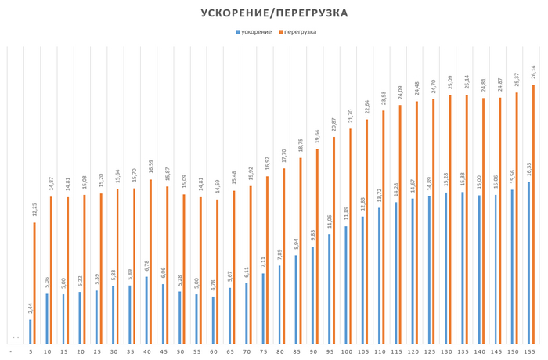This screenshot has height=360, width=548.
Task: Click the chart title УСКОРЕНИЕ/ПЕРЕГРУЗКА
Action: click(x=274, y=13)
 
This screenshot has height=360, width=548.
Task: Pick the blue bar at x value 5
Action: click(x=31, y=331)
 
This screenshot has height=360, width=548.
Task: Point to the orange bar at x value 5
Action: click(x=34, y=283)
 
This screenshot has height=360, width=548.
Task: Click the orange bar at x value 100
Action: click(x=351, y=236)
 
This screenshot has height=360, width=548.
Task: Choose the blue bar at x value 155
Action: click(x=529, y=262)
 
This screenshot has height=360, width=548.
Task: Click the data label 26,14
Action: click(x=534, y=73)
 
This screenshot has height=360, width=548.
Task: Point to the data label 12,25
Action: click(x=34, y=211)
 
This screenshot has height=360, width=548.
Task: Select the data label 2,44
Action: click(x=30, y=309)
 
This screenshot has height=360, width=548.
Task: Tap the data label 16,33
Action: click(x=529, y=171)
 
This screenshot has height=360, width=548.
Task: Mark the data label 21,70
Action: click(x=351, y=117)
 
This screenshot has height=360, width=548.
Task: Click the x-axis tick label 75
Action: click(x=264, y=352)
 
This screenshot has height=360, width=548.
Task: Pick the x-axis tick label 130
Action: click(x=447, y=352)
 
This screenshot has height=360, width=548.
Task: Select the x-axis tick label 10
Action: click(x=48, y=352)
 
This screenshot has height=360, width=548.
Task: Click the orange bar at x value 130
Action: click(x=451, y=219)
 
